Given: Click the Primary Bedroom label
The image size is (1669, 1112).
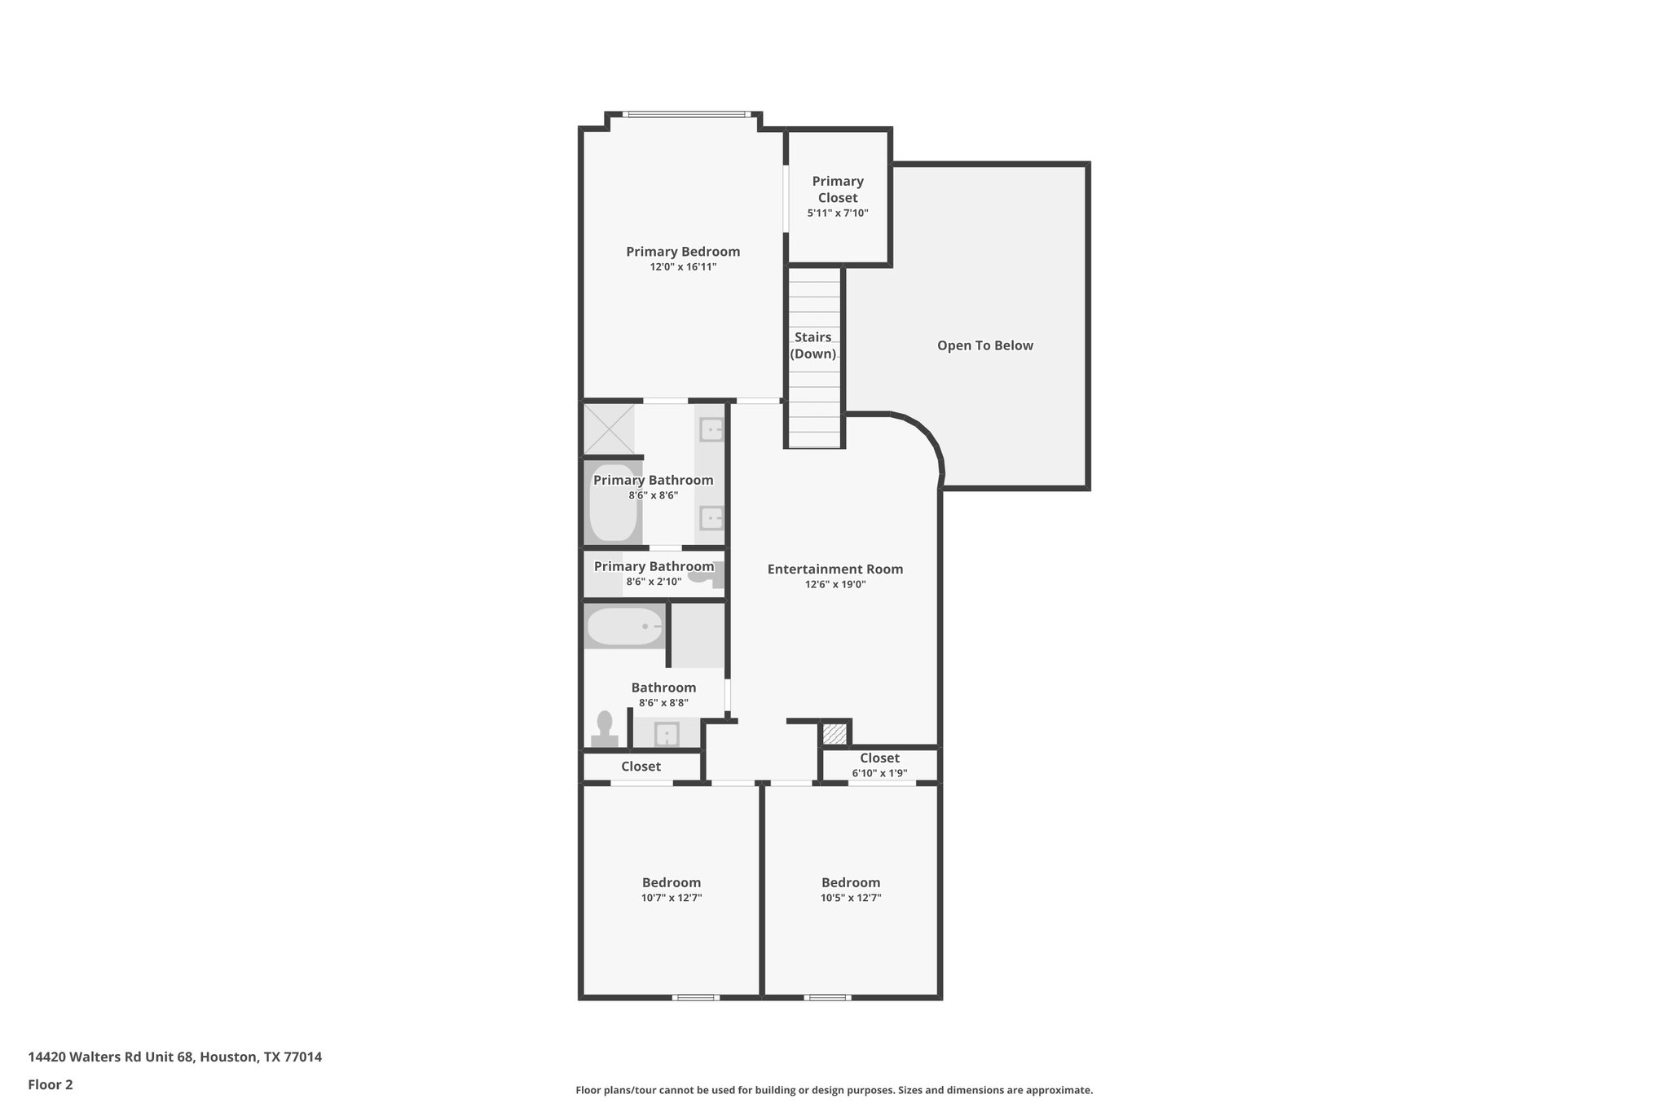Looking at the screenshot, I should point(682,252).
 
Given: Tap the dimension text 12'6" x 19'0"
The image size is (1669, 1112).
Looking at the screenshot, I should point(834,584).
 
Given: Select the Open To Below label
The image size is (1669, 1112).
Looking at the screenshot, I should point(984,345).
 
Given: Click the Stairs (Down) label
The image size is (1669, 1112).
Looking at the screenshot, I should point(813,345).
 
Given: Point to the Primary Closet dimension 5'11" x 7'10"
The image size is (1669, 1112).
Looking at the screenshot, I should point(837,213).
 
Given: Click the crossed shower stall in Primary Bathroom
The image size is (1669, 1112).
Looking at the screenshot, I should point(609,429).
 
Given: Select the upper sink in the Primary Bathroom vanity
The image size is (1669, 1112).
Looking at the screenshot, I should point(711,429).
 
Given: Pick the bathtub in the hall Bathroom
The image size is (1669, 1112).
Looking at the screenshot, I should point(625,626).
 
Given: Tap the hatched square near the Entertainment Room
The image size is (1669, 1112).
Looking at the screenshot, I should point(834,733).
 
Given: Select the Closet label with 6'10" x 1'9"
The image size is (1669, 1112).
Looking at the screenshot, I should point(879,758).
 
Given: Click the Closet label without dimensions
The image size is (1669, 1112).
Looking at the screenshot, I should point(641,767).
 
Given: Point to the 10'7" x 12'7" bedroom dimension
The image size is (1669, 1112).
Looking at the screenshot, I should point(671,898).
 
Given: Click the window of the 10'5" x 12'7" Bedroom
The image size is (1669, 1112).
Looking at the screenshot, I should point(827,997).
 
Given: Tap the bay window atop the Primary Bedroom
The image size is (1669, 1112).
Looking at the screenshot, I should point(685,114).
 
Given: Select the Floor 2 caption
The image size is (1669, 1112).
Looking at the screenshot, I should point(51,1084).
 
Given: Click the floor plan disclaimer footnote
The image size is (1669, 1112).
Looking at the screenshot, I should point(834,1090).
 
